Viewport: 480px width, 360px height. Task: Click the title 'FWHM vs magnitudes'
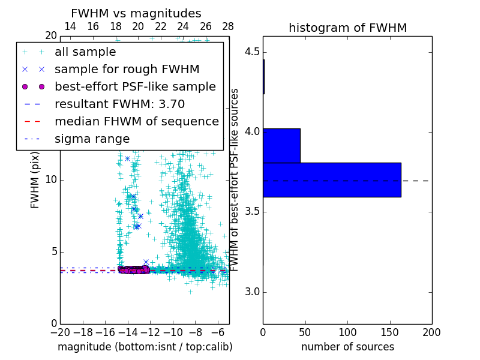tap(136, 14)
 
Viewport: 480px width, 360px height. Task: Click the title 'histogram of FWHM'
tap(347, 28)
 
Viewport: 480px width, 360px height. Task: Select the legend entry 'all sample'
tap(85, 52)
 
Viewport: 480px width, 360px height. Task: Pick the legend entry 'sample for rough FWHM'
tap(127, 70)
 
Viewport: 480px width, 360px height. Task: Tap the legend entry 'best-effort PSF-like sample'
tap(135, 87)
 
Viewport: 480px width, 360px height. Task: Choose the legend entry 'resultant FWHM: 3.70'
tap(126, 104)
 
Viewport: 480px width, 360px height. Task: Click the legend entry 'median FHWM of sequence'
tap(136, 122)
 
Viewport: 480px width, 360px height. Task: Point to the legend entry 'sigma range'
tap(92, 139)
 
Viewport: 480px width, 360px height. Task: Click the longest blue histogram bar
tap(331, 179)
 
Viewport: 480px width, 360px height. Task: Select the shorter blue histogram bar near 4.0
tap(281, 145)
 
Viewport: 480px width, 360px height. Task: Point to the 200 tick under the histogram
tap(431, 332)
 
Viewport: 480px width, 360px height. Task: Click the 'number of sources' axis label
tap(347, 347)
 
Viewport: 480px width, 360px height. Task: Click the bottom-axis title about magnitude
tap(145, 347)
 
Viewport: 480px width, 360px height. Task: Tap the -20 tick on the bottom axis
tap(60, 332)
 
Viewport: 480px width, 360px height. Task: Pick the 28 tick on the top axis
tap(228, 26)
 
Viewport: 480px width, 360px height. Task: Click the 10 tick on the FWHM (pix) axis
tap(50, 180)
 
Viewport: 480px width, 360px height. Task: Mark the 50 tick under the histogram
tap(305, 332)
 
